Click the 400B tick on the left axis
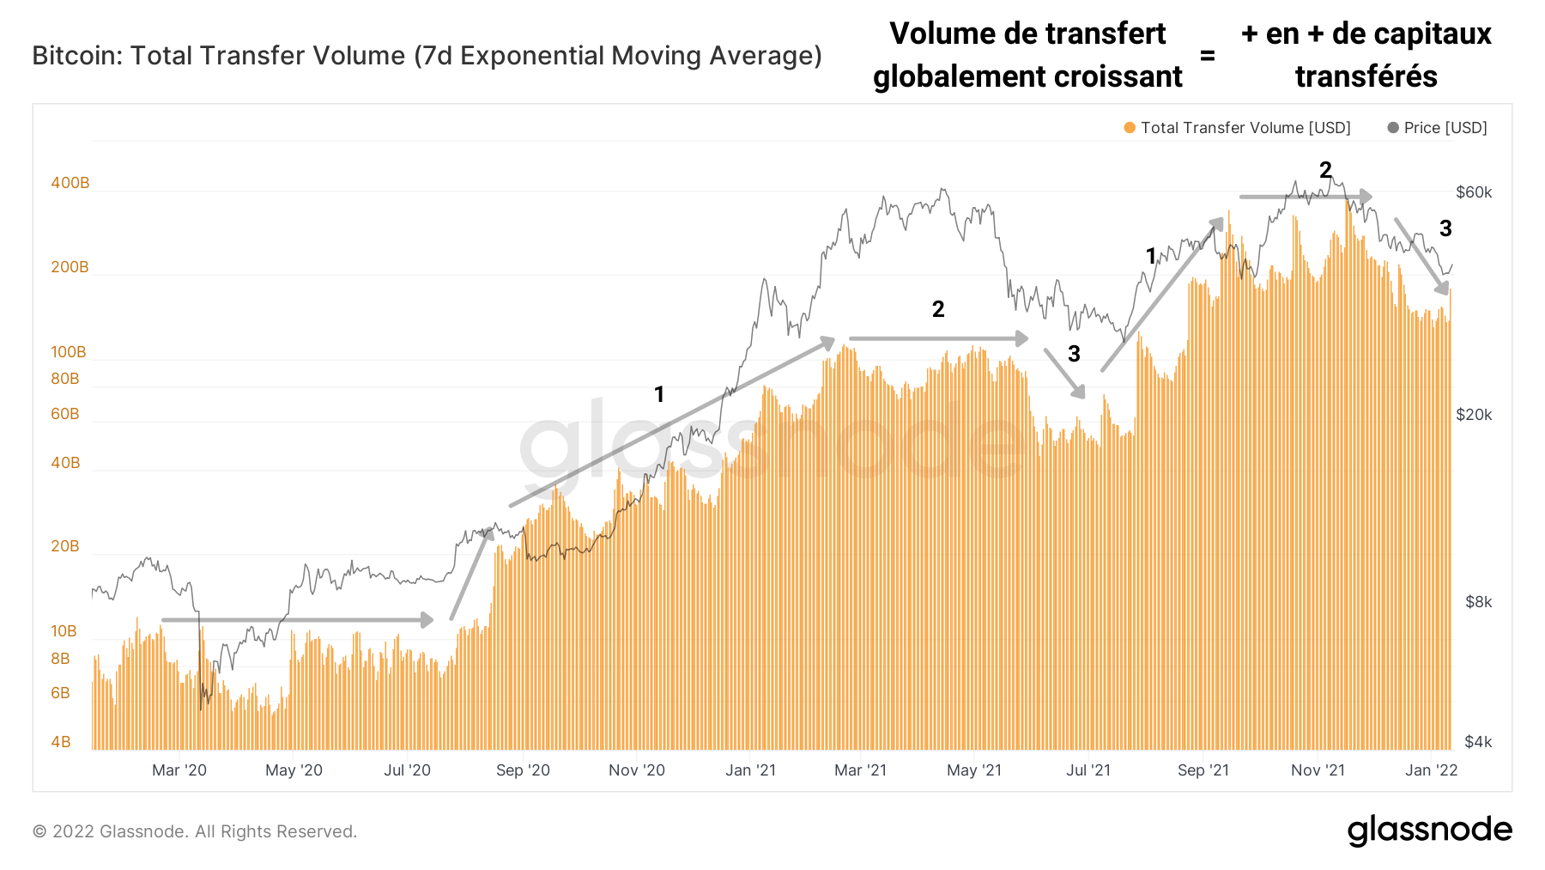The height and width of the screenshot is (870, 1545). pyautogui.click(x=70, y=183)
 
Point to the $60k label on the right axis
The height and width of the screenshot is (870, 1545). pyautogui.click(x=1474, y=192)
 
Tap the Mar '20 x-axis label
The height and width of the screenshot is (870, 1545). pyautogui.click(x=179, y=770)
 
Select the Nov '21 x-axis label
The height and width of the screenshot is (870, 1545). pyautogui.click(x=1318, y=770)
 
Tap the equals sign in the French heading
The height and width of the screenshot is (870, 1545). pyautogui.click(x=1208, y=57)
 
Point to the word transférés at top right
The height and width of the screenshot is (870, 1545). pyautogui.click(x=1366, y=77)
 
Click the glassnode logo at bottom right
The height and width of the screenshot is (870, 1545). pyautogui.click(x=1429, y=830)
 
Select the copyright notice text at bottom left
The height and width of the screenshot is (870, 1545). pyautogui.click(x=195, y=831)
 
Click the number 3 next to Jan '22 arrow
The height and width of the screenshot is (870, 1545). pyautogui.click(x=1445, y=228)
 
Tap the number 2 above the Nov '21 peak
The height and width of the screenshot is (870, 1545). pyautogui.click(x=1325, y=170)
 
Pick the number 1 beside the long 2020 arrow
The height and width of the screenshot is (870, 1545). pyautogui.click(x=659, y=394)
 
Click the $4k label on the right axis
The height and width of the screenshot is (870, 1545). pyautogui.click(x=1478, y=742)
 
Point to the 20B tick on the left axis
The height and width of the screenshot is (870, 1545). pyautogui.click(x=65, y=546)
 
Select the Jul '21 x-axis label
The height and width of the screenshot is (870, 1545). pyautogui.click(x=1088, y=770)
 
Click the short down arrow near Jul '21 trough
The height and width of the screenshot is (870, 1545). pyautogui.click(x=1064, y=373)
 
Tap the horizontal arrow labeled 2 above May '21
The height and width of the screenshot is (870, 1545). pyautogui.click(x=938, y=339)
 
